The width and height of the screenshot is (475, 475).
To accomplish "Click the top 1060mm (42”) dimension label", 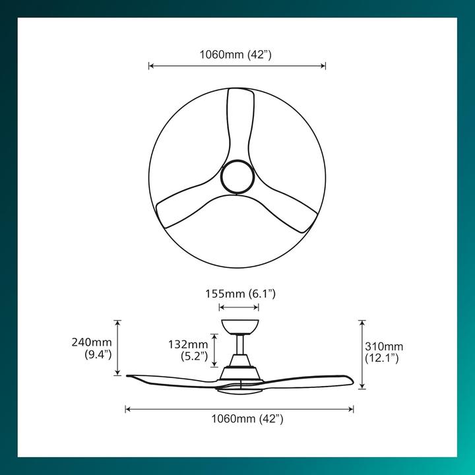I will pyautogui.click(x=236, y=55).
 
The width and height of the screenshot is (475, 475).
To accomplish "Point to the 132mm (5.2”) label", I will pyautogui.click(x=188, y=350).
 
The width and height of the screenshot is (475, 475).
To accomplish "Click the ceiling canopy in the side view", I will pyautogui.click(x=239, y=327).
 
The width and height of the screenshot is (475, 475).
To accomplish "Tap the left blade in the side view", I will pyautogui.click(x=172, y=379).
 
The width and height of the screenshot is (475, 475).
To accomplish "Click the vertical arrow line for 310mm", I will pyautogui.click(x=361, y=354).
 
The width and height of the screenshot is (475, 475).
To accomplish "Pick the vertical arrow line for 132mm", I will pyautogui.click(x=214, y=350).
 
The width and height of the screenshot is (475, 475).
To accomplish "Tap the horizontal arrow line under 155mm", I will pyautogui.click(x=238, y=307).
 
